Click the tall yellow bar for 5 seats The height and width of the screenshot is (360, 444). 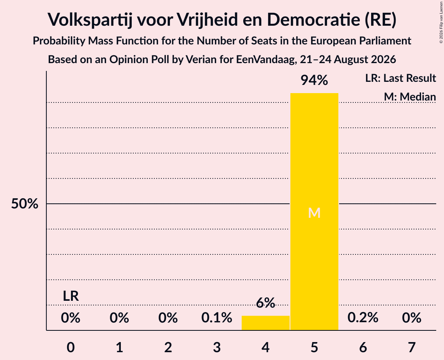pyautogui.click(x=314, y=212)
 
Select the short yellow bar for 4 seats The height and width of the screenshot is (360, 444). pyautogui.click(x=265, y=323)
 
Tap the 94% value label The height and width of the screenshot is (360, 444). pyautogui.click(x=314, y=80)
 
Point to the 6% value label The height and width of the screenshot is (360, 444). pyautogui.click(x=265, y=303)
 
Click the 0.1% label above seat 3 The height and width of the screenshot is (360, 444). pyautogui.click(x=217, y=318)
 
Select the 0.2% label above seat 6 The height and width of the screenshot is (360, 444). pyautogui.click(x=363, y=318)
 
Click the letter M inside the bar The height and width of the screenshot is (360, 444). pyautogui.click(x=314, y=213)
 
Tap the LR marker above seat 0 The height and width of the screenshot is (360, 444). pyautogui.click(x=71, y=296)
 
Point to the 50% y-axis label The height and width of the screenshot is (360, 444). pyautogui.click(x=25, y=203)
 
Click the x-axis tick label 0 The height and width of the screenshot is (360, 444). pyautogui.click(x=71, y=347)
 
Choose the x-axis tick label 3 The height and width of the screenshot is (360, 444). pyautogui.click(x=217, y=347)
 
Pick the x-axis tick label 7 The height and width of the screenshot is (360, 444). pyautogui.click(x=412, y=347)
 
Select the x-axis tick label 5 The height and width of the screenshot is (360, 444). pyautogui.click(x=314, y=347)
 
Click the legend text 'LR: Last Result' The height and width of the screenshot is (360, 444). pyautogui.click(x=401, y=78)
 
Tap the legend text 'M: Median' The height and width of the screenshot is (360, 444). pyautogui.click(x=410, y=97)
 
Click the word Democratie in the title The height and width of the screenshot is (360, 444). pyautogui.click(x=313, y=19)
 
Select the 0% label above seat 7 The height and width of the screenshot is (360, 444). pyautogui.click(x=412, y=318)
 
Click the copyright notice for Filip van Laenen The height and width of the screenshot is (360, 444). pyautogui.click(x=441, y=22)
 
